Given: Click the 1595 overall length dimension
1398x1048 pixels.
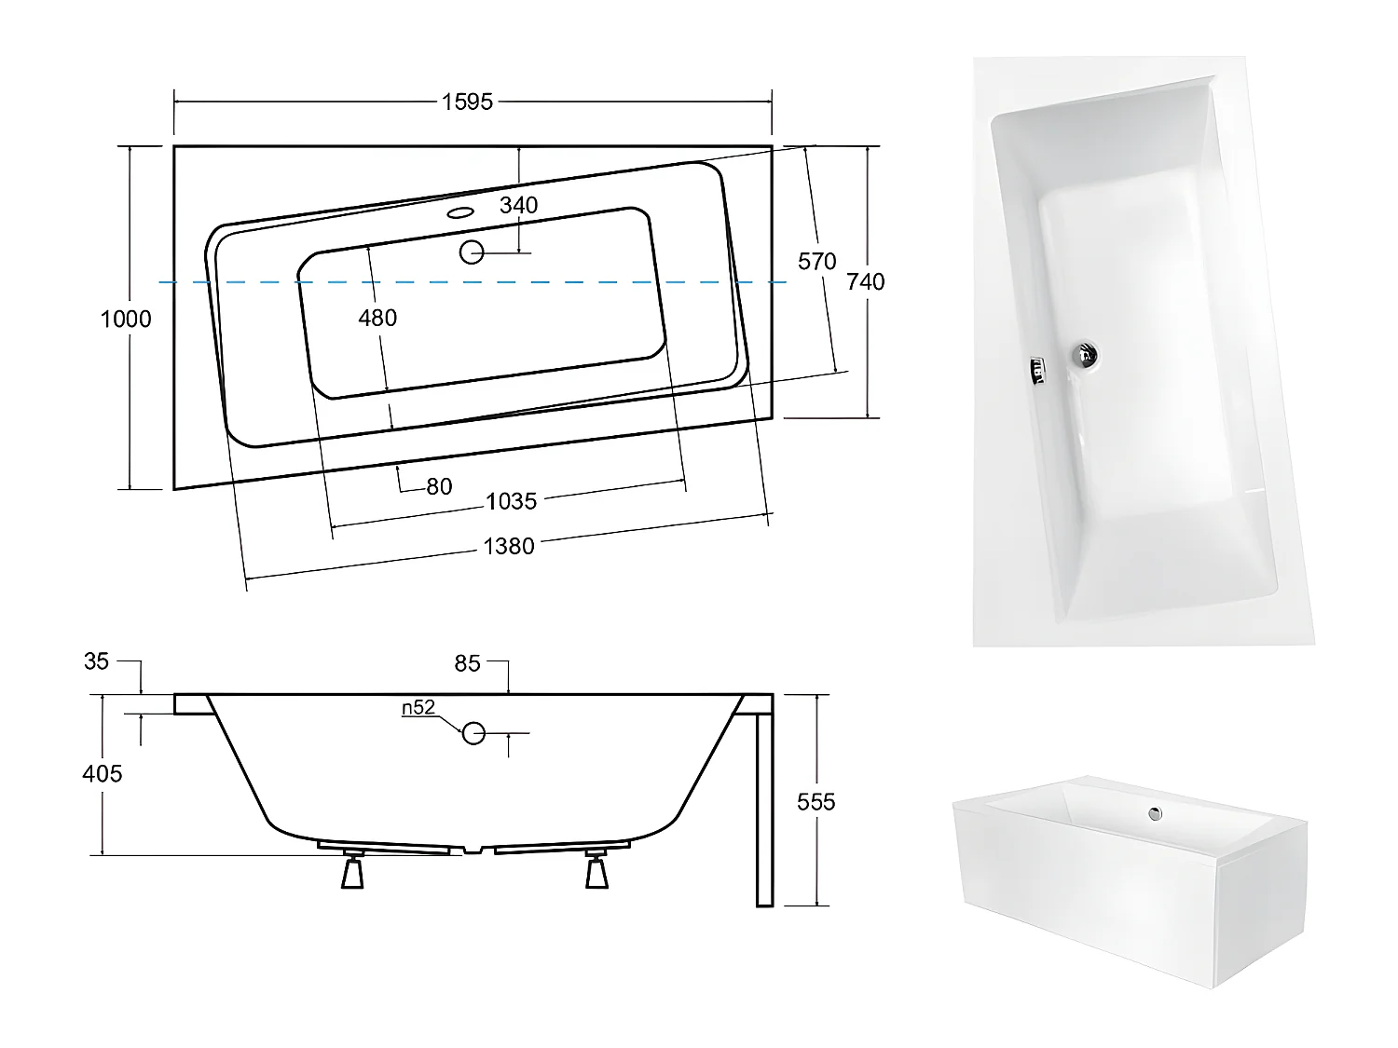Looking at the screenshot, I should coord(467,102).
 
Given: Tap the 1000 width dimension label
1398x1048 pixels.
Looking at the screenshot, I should coord(126,319).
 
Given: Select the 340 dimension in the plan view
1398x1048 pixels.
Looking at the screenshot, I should coord(518,205).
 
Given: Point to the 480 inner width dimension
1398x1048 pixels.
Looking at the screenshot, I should coord(377,318).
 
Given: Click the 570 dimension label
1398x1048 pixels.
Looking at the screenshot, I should coord(817,262).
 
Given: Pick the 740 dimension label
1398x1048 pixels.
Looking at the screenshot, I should coord(866,281).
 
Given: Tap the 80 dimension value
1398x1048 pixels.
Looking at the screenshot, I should coord(439,485).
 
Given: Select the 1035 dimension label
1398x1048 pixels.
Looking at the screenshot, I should coord(512,501).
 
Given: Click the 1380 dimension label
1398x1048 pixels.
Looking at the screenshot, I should coord(509,547).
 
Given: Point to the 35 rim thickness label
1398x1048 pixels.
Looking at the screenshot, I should coord(97,661).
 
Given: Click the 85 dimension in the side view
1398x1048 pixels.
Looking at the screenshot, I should coord(468,662).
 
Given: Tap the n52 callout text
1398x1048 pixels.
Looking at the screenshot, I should coord(418,708).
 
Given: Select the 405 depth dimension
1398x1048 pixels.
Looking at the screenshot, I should coord(103,773).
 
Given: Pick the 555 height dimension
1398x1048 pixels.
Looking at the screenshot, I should coord(816,801).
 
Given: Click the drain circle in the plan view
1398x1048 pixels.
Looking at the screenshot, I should coord(473,252).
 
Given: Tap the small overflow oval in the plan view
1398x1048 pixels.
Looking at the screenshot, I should coord(460,212).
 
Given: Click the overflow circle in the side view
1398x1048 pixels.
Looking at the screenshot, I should coord(474,733).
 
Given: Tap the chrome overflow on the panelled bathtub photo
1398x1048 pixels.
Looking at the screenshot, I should coord(1156,813).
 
